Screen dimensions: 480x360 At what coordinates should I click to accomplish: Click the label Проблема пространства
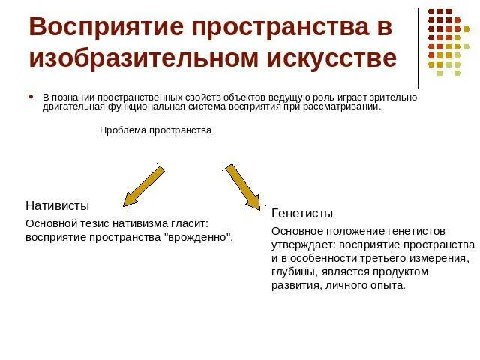(156, 130)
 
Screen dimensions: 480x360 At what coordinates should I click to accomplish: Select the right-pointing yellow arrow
(244, 187)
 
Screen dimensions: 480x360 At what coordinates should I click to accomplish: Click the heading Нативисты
(57, 205)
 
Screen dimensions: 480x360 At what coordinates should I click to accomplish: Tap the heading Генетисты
(302, 213)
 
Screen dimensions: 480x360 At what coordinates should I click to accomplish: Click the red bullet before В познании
(31, 97)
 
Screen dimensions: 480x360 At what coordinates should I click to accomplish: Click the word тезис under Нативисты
(91, 223)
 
